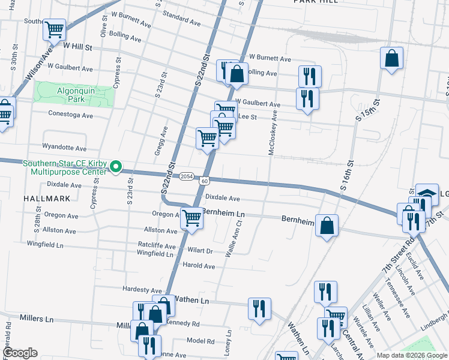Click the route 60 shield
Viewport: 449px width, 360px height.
coord(205,181)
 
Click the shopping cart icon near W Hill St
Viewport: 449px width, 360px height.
coord(55,29)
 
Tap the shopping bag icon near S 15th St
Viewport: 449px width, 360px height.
coord(391,58)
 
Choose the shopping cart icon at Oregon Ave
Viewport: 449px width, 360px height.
coord(192,218)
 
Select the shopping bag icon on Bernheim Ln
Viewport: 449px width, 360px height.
coord(327,226)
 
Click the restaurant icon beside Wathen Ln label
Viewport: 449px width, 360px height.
coord(259,308)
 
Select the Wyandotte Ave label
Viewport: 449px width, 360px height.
coord(64,147)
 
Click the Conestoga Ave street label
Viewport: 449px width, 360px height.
coord(71,115)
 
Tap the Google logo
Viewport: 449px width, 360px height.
coord(20,353)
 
